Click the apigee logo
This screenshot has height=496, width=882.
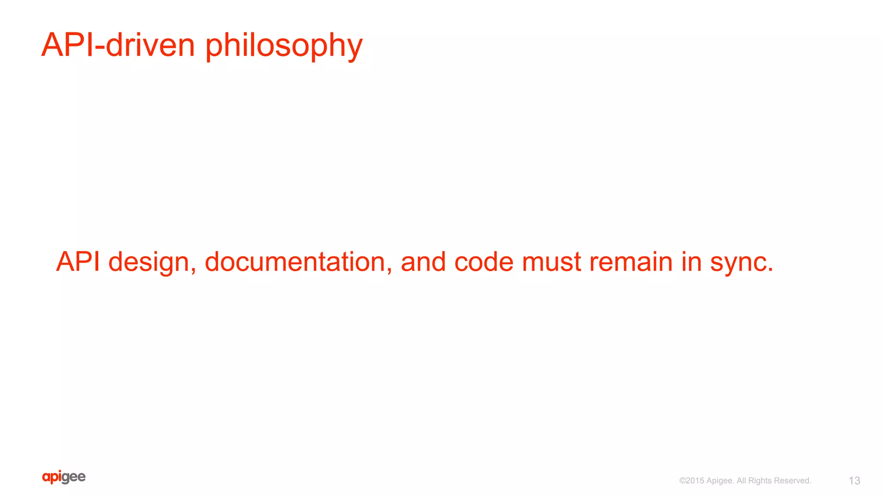[64, 477]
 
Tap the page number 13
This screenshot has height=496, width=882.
[854, 481]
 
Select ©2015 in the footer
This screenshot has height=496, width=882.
[692, 481]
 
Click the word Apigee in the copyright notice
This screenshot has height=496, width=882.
[720, 481]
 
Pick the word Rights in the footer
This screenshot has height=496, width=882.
[760, 481]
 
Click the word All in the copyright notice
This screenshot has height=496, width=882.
[741, 481]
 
